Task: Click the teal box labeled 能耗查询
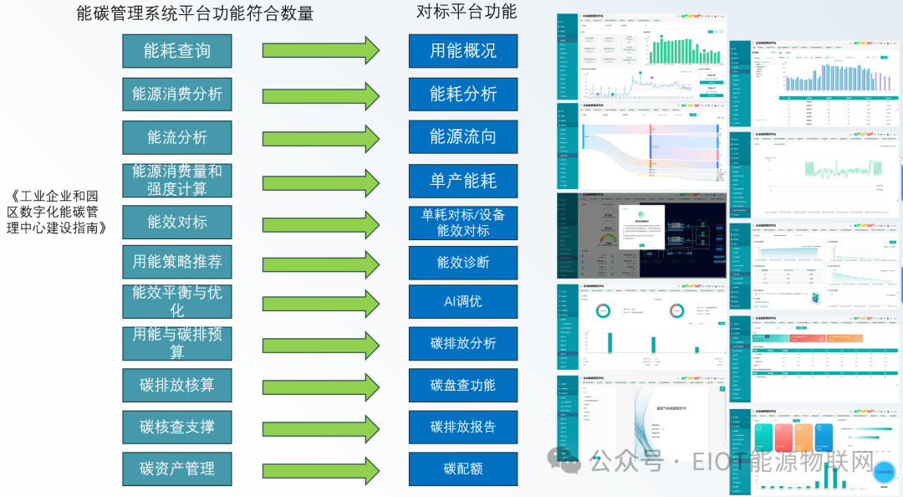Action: click(x=177, y=51)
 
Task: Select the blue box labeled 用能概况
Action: click(x=463, y=51)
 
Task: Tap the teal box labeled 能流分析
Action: click(x=177, y=137)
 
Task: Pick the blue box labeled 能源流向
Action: click(x=463, y=137)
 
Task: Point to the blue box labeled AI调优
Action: click(x=463, y=301)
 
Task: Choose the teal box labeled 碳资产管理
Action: click(x=177, y=469)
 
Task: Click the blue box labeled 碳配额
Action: click(x=463, y=469)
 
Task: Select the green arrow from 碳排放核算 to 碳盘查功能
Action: click(x=321, y=386)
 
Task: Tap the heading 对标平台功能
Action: click(x=467, y=12)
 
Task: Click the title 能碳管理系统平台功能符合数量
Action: click(x=194, y=13)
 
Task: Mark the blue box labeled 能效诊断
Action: click(x=463, y=263)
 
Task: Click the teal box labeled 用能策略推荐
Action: click(x=177, y=262)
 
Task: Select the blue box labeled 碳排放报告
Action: click(x=463, y=427)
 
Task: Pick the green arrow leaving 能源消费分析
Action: click(x=321, y=95)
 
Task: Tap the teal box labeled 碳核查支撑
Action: click(x=177, y=427)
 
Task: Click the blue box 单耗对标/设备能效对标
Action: click(x=463, y=223)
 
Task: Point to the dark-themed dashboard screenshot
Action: click(x=641, y=236)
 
